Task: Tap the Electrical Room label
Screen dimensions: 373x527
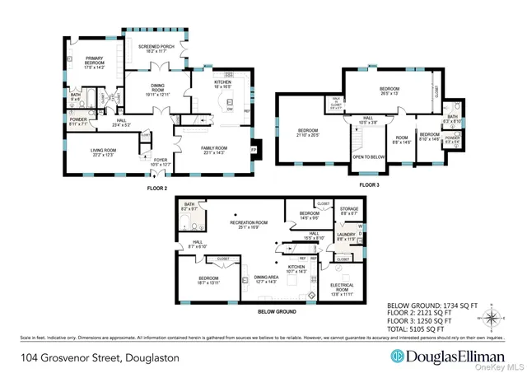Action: tap(348, 289)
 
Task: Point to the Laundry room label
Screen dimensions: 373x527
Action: tap(347, 237)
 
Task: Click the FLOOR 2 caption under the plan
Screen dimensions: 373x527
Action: tap(157, 187)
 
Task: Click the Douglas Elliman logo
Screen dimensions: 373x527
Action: tap(434, 357)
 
